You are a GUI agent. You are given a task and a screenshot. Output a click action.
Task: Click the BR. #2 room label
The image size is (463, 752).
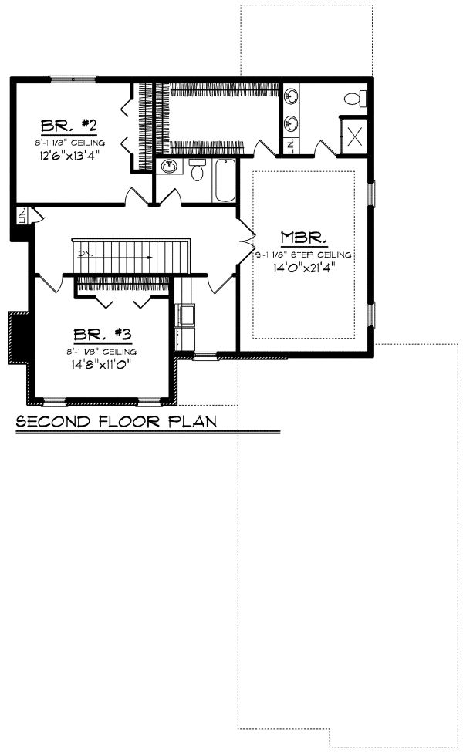click(69, 125)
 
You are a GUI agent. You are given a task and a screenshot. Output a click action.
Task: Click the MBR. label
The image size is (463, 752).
click(298, 237)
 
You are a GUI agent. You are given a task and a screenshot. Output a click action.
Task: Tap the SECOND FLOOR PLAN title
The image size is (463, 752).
click(116, 422)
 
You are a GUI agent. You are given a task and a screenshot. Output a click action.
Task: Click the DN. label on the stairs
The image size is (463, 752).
click(83, 251)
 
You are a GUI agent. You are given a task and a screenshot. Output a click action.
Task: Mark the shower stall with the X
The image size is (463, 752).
click(354, 137)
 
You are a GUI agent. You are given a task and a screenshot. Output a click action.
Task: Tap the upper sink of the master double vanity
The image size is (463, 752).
click(292, 96)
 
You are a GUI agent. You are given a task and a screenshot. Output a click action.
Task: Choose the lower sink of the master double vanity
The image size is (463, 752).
click(292, 122)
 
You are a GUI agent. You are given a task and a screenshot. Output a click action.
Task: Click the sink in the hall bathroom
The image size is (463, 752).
click(167, 167)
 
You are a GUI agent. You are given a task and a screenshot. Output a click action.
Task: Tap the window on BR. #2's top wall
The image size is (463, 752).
click(73, 78)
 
